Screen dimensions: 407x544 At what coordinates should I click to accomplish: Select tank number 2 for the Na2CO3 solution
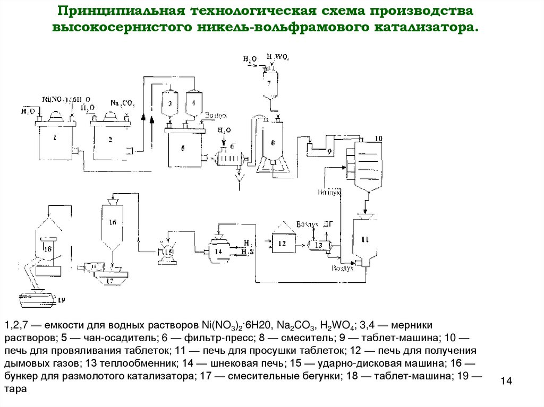[x=110, y=141]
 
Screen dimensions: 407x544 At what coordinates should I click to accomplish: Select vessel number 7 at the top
[x=269, y=83]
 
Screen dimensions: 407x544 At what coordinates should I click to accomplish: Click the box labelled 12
[x=282, y=243]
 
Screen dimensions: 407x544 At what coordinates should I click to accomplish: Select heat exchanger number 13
[x=318, y=245]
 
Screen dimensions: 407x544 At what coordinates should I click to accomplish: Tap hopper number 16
[x=112, y=223]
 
